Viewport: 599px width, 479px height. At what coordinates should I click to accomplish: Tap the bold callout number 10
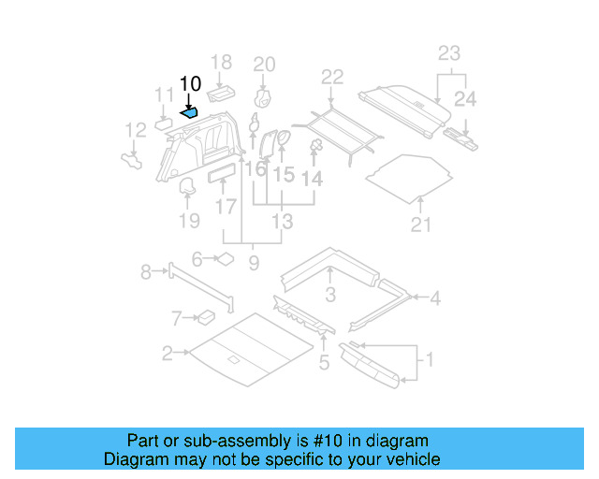point(190,84)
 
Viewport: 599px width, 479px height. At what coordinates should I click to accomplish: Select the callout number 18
point(221,63)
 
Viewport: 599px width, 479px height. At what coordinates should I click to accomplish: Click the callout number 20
point(265,64)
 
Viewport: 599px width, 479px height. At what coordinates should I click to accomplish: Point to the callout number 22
point(332,77)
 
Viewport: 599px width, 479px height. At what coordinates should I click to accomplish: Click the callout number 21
point(421,224)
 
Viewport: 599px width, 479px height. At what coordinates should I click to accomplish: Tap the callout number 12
point(136,130)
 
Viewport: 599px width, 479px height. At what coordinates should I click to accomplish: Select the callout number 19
point(189,221)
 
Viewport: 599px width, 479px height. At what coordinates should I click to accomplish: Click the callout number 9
point(254,265)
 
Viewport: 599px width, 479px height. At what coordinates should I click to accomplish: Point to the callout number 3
point(330,297)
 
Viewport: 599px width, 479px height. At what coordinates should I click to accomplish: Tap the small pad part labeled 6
point(226,259)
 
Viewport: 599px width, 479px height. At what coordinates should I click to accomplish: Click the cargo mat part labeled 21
point(409,175)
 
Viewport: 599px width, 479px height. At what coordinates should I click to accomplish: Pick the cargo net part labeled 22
point(335,127)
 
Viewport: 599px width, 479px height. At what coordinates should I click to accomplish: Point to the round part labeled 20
point(264,98)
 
